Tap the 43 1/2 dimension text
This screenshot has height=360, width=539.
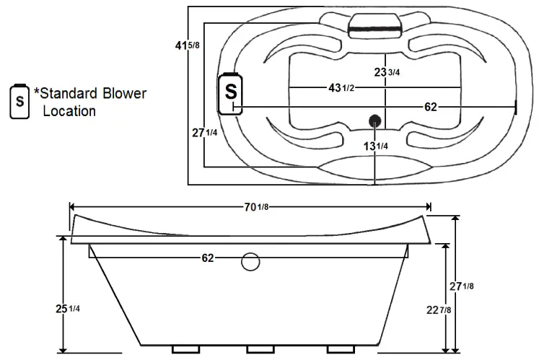pos(340,88)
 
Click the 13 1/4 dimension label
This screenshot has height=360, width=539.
pos(376,146)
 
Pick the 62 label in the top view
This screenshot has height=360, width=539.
pos(431,107)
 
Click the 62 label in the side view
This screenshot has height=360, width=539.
pos(208,258)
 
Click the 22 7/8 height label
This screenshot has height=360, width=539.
pos(439,310)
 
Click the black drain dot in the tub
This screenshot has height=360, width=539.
pos(374,120)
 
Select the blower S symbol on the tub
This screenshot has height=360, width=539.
pos(230,92)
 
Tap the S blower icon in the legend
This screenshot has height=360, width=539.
pos(19,101)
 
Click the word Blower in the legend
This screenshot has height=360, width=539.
pos(123,94)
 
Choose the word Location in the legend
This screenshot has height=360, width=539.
pos(69,111)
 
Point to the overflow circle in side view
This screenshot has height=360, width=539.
pos(250,261)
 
